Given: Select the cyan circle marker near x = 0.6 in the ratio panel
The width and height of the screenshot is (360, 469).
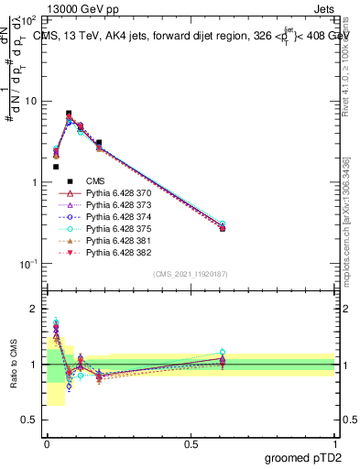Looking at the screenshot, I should (x=221, y=352).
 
